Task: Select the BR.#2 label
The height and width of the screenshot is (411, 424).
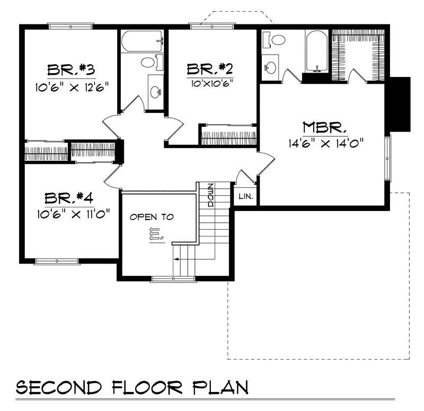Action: [210, 69]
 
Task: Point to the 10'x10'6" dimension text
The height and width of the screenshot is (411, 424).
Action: [210, 83]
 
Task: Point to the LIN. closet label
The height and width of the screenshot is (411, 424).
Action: [246, 197]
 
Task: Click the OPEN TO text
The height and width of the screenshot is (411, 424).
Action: [152, 217]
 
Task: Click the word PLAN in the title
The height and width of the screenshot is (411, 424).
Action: [221, 388]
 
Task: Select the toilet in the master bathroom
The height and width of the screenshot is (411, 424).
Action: [276, 39]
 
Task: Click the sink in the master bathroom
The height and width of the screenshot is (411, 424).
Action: [271, 67]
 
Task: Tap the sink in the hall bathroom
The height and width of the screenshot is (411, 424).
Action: [156, 92]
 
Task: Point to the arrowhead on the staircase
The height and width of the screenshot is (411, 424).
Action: [175, 259]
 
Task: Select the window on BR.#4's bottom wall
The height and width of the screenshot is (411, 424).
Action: [57, 261]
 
